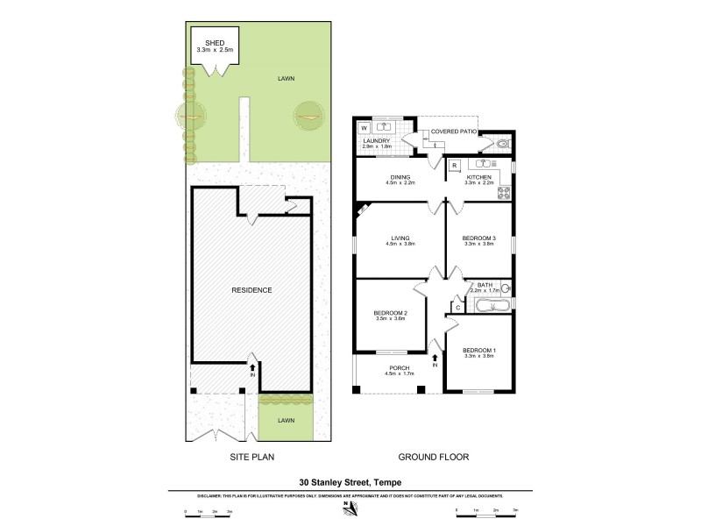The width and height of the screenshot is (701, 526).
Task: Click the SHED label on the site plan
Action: (x=215, y=42)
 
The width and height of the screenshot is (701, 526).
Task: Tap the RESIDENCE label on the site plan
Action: (x=251, y=290)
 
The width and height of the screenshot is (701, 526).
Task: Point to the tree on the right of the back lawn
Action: (x=307, y=112)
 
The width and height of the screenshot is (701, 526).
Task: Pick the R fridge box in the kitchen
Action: (x=455, y=165)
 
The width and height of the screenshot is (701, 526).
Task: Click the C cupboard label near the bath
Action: (x=457, y=307)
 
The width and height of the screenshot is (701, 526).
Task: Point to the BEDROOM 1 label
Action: (x=479, y=352)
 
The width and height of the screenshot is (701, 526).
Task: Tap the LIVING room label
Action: (x=399, y=238)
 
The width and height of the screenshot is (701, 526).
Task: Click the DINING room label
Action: (x=399, y=178)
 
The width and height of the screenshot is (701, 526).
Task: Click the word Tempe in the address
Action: (x=390, y=480)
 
